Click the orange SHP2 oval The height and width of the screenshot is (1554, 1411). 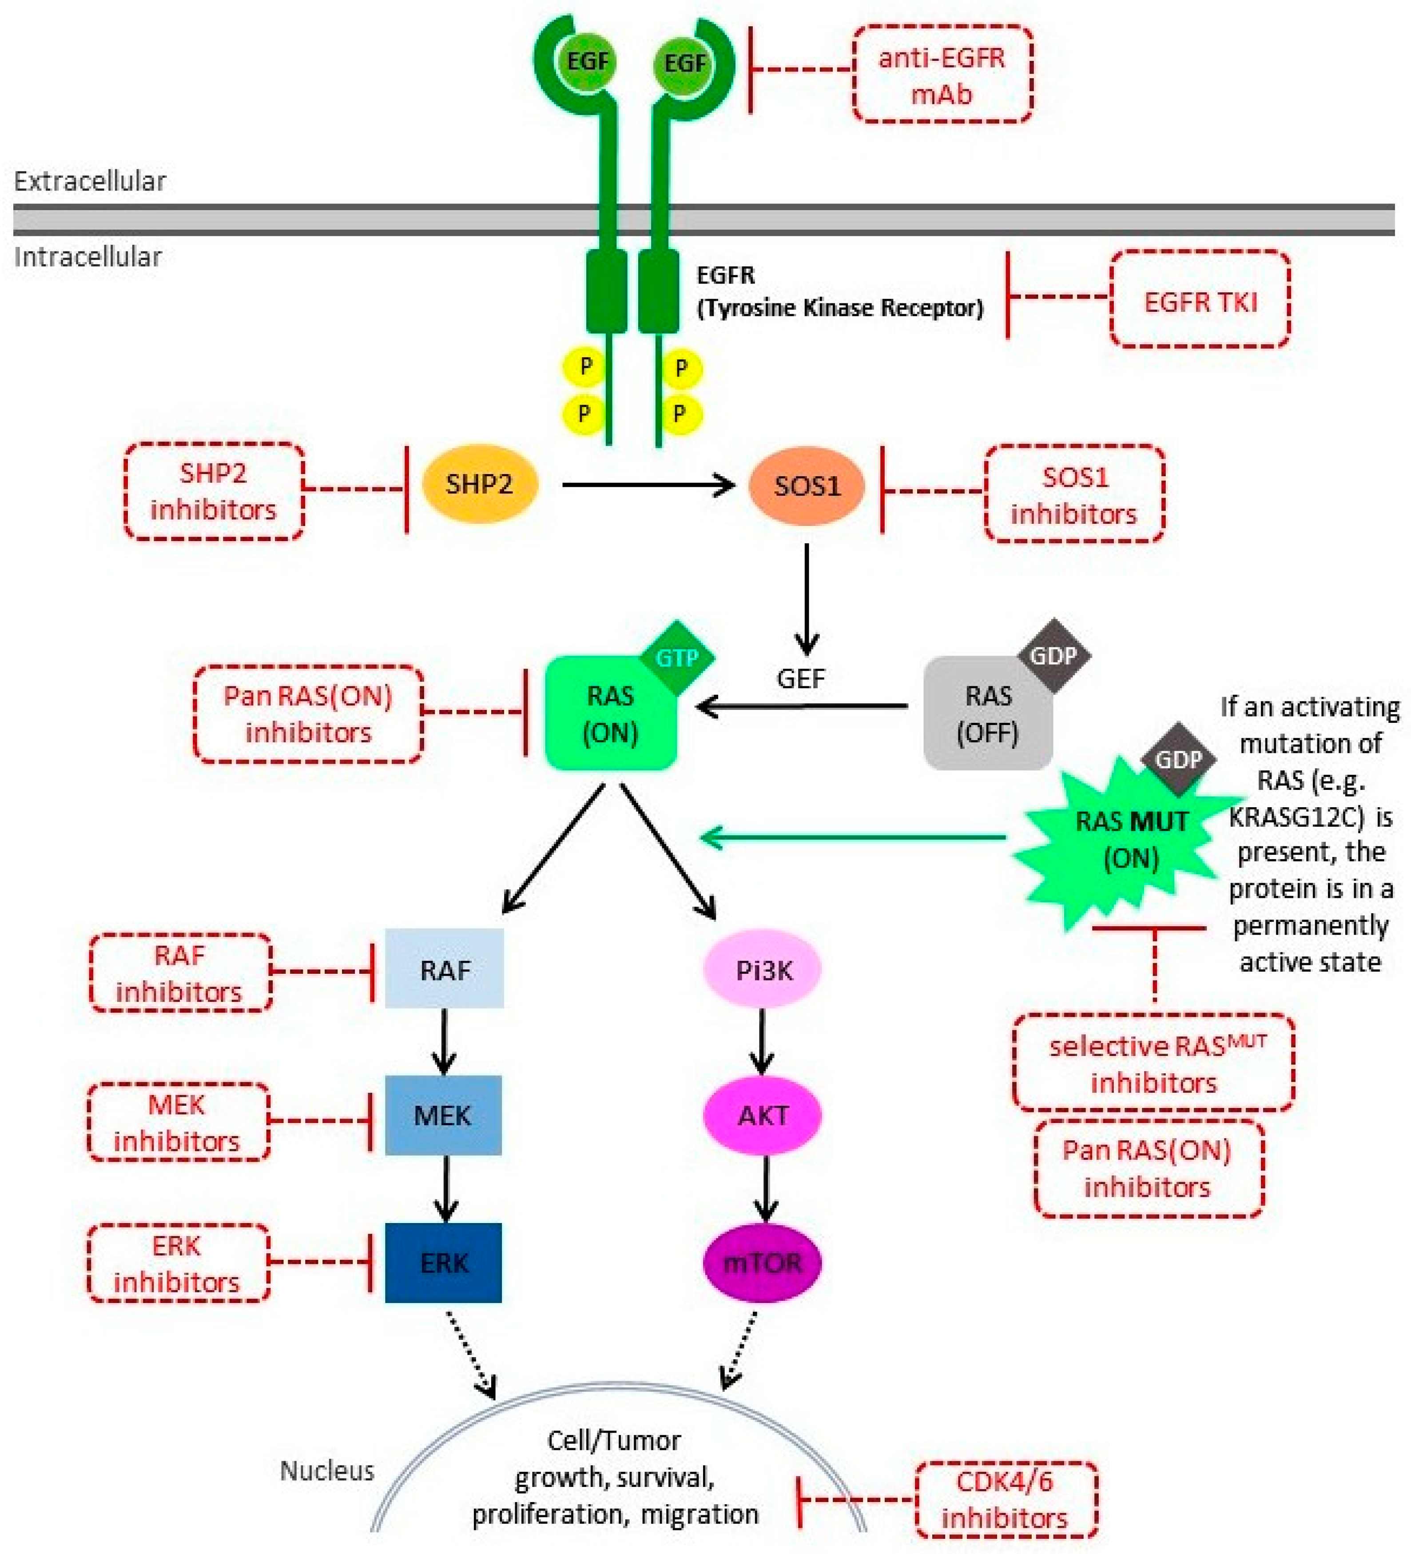point(479,484)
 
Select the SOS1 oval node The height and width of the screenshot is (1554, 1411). point(806,486)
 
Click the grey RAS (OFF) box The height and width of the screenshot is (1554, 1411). point(987,713)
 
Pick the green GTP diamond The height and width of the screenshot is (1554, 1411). point(676,657)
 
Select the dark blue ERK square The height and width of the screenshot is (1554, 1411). point(443,1262)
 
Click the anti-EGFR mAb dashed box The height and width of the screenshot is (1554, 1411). point(942,75)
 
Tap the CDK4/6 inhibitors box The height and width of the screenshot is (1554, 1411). point(1005,1498)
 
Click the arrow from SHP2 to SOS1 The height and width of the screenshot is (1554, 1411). point(647,485)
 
